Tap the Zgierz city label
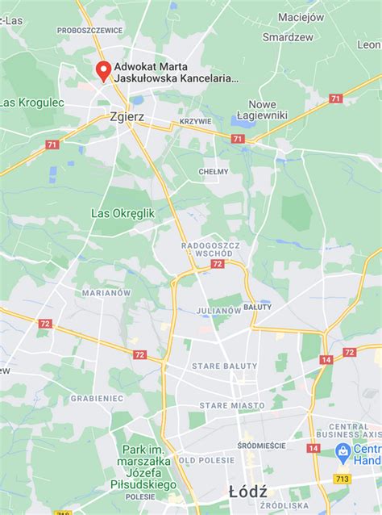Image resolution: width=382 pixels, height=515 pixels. coord(126,116)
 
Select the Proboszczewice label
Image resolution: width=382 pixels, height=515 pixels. coord(89,30)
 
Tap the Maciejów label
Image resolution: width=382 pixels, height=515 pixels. coord(300,16)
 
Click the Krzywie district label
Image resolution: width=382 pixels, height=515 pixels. coord(195,122)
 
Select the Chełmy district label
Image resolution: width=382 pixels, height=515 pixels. coord(214,172)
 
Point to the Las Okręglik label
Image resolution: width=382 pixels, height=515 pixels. coord(122,213)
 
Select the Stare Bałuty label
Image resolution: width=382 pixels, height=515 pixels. coord(222,366)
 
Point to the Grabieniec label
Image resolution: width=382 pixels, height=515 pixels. coord(96,398)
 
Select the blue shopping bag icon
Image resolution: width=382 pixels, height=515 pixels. coord(343,450)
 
